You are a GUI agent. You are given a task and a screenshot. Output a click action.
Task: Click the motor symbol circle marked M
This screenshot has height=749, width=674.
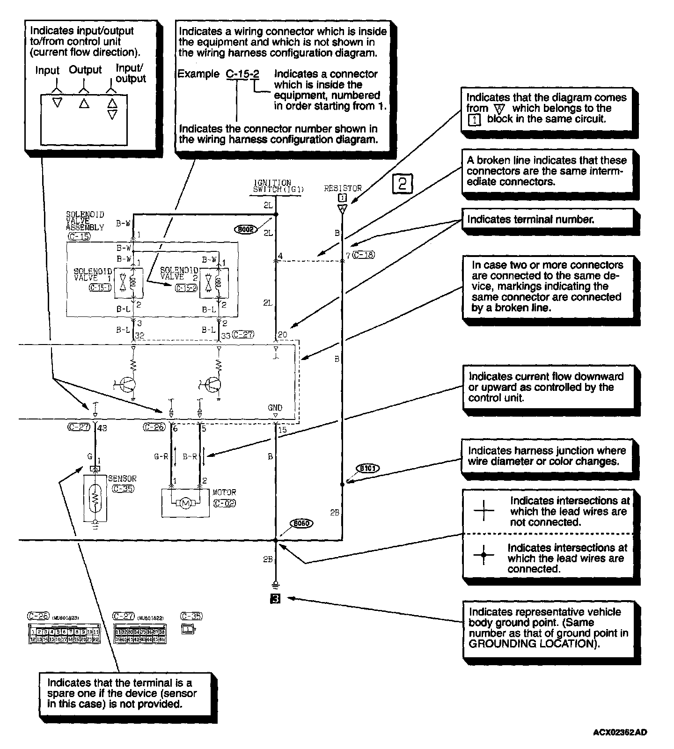coord(185,503)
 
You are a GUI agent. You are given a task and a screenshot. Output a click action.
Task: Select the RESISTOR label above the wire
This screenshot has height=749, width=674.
coord(343,188)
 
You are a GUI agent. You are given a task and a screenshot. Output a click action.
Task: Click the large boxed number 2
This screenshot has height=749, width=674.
coord(403,184)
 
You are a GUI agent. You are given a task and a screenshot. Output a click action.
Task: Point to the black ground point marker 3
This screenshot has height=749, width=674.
coord(276,598)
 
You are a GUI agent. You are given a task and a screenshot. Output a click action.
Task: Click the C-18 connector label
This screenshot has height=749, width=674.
coord(363,255)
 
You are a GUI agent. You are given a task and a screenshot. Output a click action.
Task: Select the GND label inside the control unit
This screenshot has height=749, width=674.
coord(275,408)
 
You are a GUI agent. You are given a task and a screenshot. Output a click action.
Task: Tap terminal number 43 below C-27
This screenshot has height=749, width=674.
coord(103,427)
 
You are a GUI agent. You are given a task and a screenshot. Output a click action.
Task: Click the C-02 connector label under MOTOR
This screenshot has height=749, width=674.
coord(224,503)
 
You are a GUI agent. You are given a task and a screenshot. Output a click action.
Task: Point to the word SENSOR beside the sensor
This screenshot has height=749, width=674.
coord(122,479)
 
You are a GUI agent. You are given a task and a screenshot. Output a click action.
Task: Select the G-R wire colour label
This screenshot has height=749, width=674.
coord(161,456)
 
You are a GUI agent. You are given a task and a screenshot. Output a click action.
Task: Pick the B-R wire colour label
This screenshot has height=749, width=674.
coord(190,456)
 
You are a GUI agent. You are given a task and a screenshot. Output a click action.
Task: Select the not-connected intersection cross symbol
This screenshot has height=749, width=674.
coord(484,511)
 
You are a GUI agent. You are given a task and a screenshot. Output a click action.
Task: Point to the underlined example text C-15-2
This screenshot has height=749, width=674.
coord(242,74)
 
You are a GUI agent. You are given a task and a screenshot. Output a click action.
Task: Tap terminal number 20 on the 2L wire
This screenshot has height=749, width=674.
coord(282,335)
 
